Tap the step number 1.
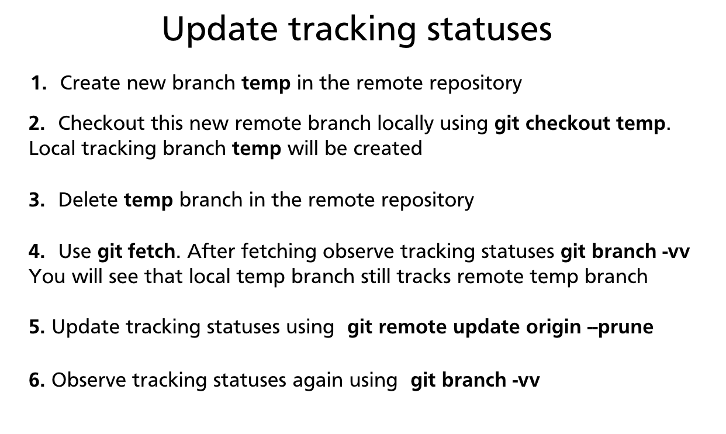39,83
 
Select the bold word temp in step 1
266,83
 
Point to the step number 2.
37,123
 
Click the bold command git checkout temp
580,123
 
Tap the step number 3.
37,200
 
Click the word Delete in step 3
88,200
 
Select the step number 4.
37,252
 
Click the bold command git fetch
136,252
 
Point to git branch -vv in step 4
625,252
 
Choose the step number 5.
37,326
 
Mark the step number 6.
37,380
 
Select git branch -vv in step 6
475,380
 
